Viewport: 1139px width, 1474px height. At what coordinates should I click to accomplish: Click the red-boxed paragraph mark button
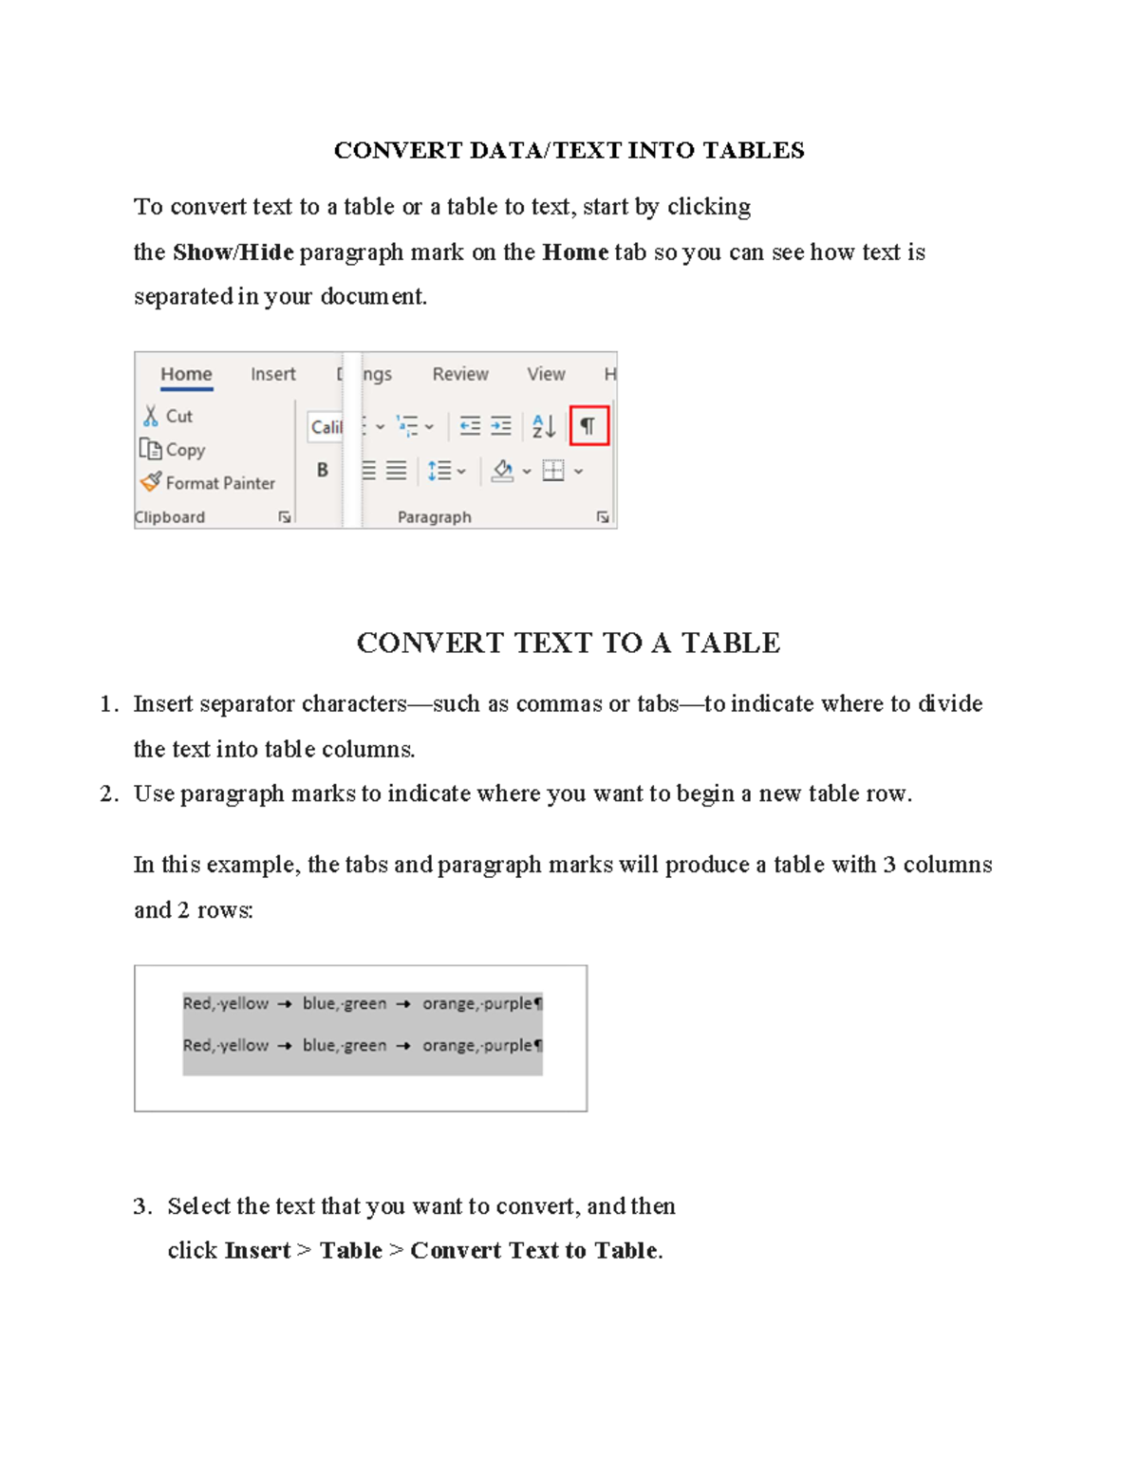coord(588,426)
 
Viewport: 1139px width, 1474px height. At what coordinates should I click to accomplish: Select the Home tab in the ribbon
coord(186,374)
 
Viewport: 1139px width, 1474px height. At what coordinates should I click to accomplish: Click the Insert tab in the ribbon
coord(273,374)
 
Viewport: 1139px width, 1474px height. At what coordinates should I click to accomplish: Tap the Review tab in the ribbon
coord(460,374)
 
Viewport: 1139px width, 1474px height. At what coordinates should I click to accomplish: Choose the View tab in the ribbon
coord(546,374)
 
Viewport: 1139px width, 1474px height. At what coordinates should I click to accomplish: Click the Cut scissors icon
coord(151,416)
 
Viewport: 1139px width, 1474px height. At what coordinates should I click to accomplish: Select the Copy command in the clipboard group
coord(173,450)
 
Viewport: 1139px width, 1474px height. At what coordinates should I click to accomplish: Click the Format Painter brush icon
coord(151,482)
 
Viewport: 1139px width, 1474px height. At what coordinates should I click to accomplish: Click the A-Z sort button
coord(543,426)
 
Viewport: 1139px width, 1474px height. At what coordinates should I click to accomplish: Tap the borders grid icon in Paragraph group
coord(553,471)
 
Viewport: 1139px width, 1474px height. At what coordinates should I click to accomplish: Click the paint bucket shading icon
coord(503,471)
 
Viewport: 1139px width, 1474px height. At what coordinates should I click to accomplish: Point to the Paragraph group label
coord(434,517)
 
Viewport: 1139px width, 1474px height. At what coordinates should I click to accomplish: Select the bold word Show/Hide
coord(233,252)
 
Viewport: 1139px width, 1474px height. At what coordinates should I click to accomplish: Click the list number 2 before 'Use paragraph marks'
coord(107,793)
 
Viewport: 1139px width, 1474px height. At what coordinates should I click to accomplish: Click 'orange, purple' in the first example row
coord(477,1003)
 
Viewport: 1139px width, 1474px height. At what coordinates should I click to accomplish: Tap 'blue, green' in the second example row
coord(345,1045)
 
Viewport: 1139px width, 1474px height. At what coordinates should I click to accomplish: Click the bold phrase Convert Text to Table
coord(533,1250)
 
